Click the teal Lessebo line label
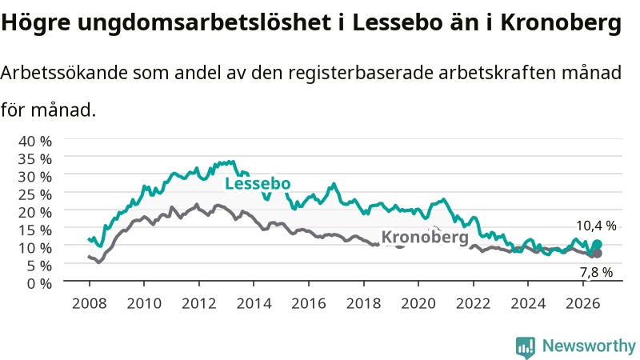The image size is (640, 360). (258, 184)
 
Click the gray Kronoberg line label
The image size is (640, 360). (425, 237)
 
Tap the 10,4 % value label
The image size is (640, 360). (596, 226)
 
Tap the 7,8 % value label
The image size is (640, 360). (596, 272)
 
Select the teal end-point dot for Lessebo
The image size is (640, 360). (597, 245)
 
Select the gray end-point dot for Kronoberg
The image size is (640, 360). (597, 254)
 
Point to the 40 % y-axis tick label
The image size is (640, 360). (35, 142)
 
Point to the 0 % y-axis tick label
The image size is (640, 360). (39, 283)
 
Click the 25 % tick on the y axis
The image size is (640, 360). (35, 194)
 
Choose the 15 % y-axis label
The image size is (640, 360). (35, 230)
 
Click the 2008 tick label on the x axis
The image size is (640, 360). (89, 303)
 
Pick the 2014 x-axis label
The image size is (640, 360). (254, 303)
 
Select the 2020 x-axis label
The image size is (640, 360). (418, 303)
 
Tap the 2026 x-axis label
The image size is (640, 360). (583, 303)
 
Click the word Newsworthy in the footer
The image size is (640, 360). (589, 346)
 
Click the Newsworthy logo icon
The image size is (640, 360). (526, 347)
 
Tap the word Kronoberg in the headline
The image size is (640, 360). (561, 23)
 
